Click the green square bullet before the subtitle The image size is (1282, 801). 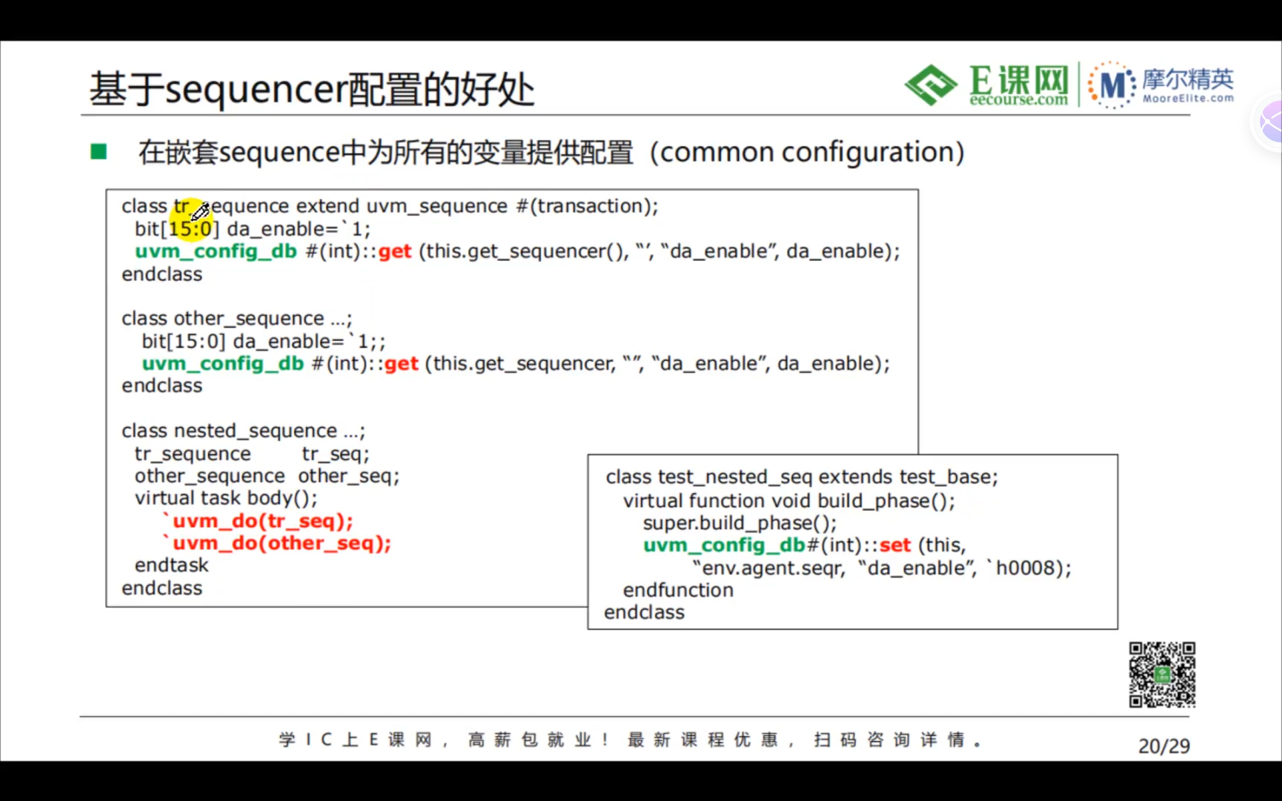click(99, 152)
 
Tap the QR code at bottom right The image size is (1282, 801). click(1162, 674)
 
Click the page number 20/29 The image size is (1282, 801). click(1164, 746)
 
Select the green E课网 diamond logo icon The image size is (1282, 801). click(931, 85)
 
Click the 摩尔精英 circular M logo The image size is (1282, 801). click(1112, 85)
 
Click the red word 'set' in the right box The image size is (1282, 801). click(895, 545)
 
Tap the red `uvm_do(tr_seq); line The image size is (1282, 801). click(257, 521)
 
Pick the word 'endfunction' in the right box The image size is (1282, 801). click(678, 590)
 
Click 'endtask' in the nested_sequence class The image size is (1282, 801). click(172, 565)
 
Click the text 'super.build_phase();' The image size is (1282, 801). click(740, 524)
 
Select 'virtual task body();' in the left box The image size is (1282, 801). click(226, 499)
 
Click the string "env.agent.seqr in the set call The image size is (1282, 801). click(768, 568)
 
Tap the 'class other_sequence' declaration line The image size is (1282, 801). click(236, 318)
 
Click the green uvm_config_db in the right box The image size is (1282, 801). click(724, 545)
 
